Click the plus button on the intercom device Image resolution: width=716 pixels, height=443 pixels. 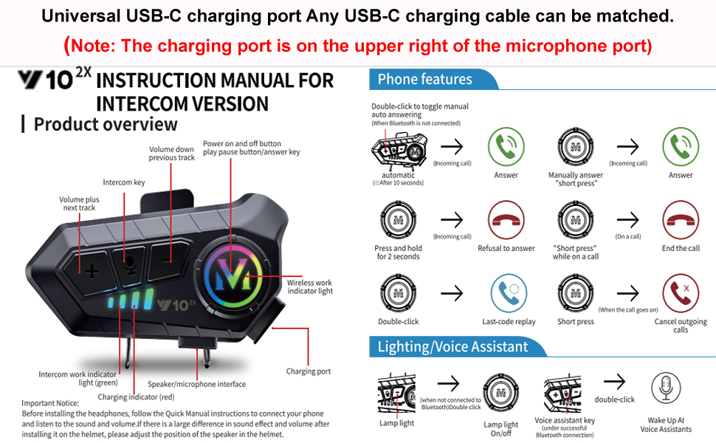(91, 270)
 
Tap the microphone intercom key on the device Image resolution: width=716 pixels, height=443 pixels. (130, 264)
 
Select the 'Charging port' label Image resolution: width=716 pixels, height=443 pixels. (309, 371)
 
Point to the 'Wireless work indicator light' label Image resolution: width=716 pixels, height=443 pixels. (310, 286)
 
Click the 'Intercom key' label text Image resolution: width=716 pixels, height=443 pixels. (124, 182)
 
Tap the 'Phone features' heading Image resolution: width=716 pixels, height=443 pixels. (424, 80)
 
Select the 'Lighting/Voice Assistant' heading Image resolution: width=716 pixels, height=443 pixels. (452, 346)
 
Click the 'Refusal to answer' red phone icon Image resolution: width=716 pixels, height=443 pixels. (506, 220)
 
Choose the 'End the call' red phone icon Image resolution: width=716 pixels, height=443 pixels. (681, 220)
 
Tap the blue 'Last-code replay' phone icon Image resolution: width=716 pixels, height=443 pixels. (509, 293)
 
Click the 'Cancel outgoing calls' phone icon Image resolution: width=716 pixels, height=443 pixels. (681, 293)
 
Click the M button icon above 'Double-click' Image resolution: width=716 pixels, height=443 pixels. (399, 293)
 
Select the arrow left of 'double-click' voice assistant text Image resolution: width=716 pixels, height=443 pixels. (614, 382)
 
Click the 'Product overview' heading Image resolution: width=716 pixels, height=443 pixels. (106, 124)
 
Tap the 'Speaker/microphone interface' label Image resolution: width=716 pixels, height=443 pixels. (196, 384)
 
